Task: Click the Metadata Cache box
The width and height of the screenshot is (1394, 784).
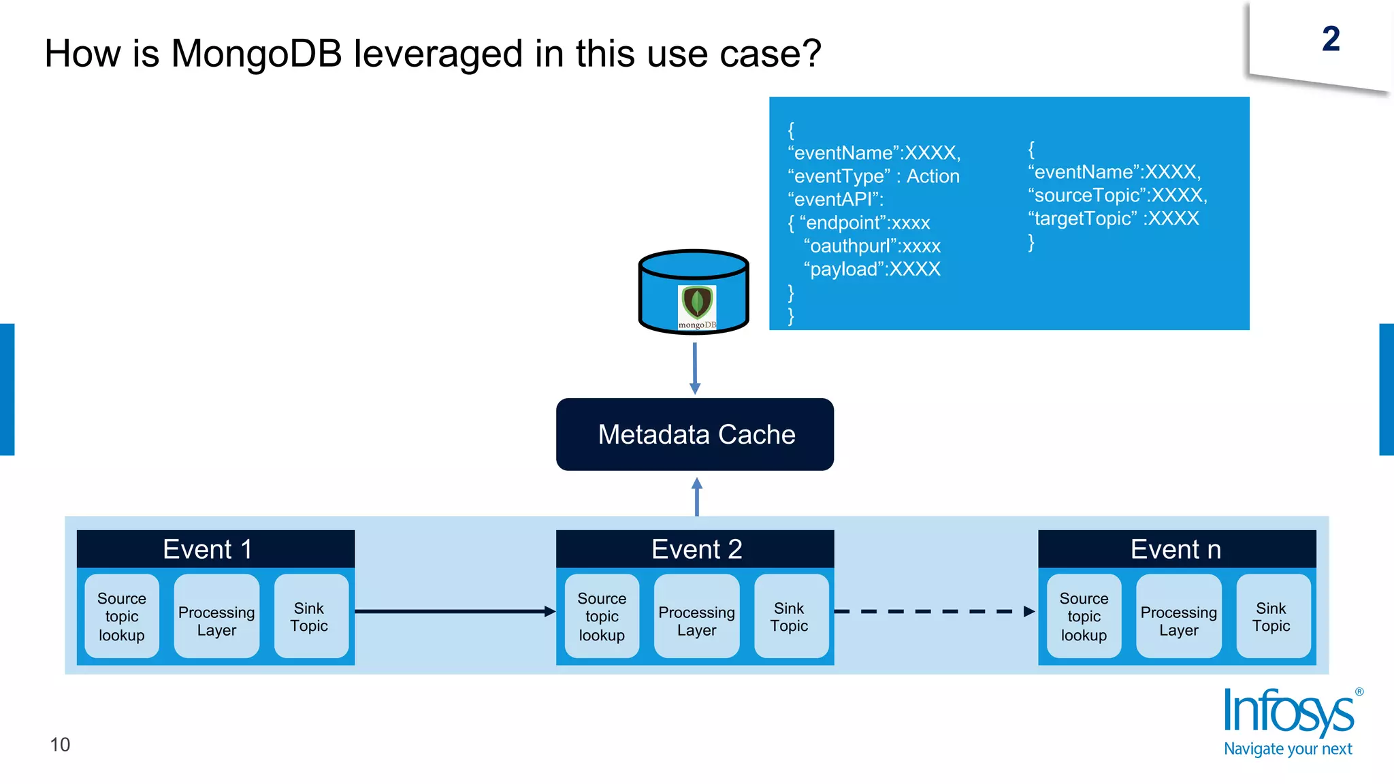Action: [695, 434]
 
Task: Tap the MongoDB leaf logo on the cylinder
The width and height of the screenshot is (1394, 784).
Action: [697, 304]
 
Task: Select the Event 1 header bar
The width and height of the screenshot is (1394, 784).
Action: [215, 549]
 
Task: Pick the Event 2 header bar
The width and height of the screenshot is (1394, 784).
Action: [695, 549]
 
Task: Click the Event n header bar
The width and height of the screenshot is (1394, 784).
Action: [1176, 549]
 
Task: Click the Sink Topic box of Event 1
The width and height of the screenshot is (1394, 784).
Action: [310, 617]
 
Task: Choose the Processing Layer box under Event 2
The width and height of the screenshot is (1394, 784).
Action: [696, 617]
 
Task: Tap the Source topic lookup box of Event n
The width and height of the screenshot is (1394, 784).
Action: [1084, 617]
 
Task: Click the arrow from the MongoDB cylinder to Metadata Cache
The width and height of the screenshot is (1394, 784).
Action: [694, 367]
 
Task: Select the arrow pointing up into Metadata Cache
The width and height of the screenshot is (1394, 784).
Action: [696, 497]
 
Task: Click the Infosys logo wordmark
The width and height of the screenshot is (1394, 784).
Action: [1289, 712]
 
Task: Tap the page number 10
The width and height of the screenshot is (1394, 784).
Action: [60, 745]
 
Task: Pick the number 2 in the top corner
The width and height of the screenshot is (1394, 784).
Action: [1331, 39]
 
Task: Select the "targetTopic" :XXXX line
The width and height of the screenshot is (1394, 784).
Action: [1114, 218]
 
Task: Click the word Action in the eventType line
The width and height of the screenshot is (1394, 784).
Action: [933, 176]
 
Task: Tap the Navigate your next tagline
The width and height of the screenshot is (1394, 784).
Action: [1288, 749]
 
